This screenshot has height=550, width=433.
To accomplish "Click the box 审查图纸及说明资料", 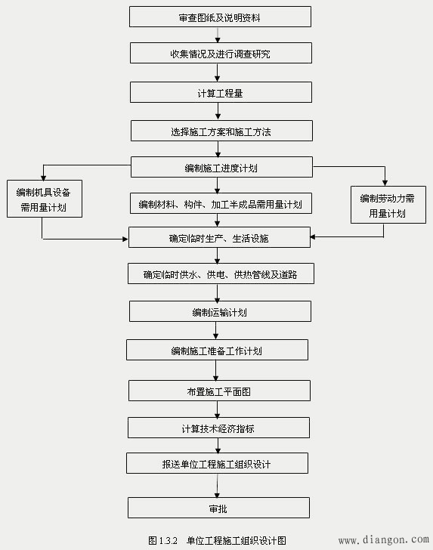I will (220, 17).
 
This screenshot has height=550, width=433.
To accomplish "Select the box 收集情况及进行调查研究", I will (220, 53).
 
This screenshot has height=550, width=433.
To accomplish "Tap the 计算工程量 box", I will (220, 92).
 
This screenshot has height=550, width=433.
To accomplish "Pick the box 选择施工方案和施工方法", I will (221, 131).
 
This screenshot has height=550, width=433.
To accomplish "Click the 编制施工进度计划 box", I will (221, 167).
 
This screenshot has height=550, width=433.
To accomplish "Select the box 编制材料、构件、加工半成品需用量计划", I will (221, 204).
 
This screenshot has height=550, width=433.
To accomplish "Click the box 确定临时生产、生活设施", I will (219, 237).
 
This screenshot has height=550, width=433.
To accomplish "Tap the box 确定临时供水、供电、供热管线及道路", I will (221, 273).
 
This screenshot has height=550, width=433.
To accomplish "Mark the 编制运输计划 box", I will (220, 311).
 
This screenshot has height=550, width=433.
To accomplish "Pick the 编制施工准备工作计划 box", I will (217, 350).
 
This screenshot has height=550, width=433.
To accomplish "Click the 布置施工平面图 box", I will (219, 391).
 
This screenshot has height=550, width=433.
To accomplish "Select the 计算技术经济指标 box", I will (218, 428).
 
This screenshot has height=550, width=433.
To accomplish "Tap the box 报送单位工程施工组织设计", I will (217, 463).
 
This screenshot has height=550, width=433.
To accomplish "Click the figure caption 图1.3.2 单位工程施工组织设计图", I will (218, 539).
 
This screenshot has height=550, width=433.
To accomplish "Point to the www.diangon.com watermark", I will (383, 540).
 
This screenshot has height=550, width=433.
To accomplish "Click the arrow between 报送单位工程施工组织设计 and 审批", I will (218, 485).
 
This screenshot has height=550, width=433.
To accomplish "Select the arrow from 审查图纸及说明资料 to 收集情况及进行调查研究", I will (218, 35).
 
